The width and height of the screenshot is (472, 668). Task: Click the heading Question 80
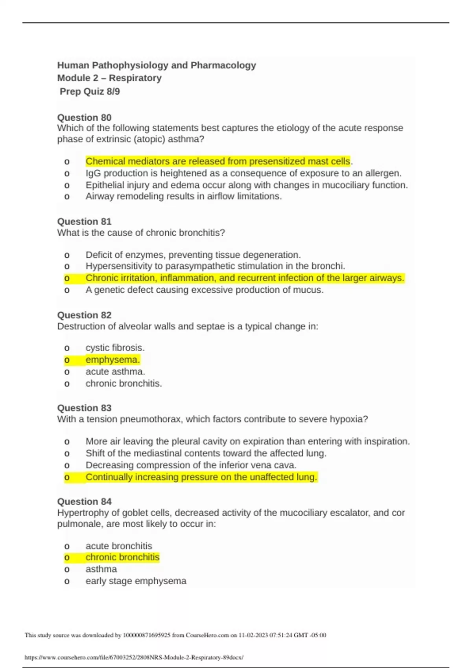tap(84, 117)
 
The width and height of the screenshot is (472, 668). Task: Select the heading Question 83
tap(84, 408)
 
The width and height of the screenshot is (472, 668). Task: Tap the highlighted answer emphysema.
tap(112, 360)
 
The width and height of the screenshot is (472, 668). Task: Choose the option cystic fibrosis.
tap(115, 348)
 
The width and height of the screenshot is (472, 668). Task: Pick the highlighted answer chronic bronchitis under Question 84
tap(122, 557)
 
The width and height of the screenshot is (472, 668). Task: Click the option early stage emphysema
tap(136, 581)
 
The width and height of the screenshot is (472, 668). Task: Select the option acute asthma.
tap(115, 371)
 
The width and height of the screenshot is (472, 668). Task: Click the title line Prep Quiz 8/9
tap(90, 92)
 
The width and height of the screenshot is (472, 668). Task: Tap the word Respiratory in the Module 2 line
tap(135, 78)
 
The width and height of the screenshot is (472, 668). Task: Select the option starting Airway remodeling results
tap(183, 196)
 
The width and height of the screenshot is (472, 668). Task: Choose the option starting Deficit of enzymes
tap(193, 255)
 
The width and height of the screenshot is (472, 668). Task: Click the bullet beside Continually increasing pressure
tap(67, 477)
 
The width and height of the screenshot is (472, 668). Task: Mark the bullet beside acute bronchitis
tap(67, 546)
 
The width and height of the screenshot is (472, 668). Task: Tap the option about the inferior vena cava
tap(191, 465)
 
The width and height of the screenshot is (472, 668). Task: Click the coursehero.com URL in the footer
tap(134, 657)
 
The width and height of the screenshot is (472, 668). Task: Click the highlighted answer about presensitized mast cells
tap(218, 161)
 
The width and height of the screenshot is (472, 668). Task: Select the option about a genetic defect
tap(204, 290)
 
